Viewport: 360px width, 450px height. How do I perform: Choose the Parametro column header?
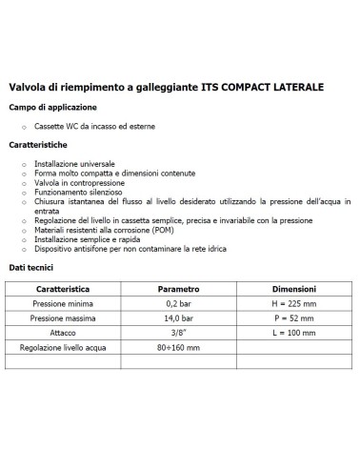178,287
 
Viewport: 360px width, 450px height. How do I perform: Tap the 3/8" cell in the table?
178,333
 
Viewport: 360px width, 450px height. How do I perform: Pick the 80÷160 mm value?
178,349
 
